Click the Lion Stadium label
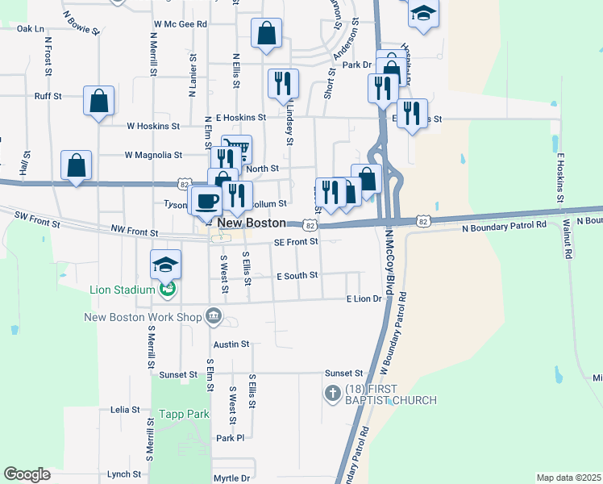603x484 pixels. [122, 290]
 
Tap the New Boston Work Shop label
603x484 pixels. [142, 316]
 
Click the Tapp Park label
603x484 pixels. [185, 414]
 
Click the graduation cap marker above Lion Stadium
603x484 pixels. [166, 264]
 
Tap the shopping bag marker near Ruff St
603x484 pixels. [98, 101]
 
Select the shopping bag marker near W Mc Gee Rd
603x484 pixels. [266, 34]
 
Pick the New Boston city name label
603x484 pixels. [251, 222]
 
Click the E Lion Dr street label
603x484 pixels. [364, 299]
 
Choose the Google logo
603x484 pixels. [27, 474]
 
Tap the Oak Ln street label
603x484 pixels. [30, 28]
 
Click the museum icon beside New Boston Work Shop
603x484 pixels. [214, 315]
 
